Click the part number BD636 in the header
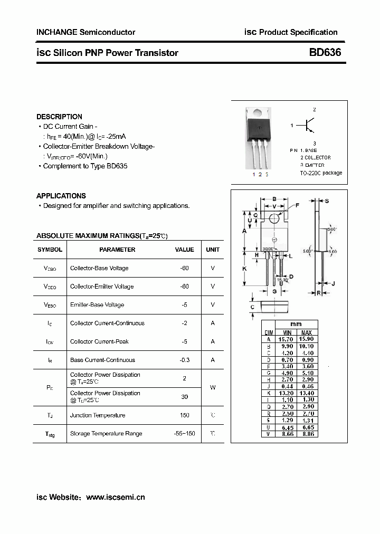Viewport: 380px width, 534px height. point(325,53)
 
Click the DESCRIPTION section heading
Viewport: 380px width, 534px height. point(59,117)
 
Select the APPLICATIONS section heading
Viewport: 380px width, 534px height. point(61,196)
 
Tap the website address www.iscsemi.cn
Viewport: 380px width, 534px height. point(115,497)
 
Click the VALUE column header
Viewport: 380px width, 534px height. point(185,250)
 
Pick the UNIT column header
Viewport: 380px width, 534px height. point(213,250)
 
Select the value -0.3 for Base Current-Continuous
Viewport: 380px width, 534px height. point(184,360)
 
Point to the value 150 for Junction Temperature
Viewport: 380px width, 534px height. point(184,415)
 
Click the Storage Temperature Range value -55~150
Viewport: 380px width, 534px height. point(184,434)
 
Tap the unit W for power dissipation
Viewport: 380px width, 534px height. point(213,387)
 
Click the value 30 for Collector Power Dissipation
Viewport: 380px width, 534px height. point(184,397)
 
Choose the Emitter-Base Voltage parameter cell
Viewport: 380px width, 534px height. point(97,305)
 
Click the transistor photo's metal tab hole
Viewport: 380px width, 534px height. point(259,112)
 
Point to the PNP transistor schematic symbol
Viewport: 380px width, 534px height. point(309,126)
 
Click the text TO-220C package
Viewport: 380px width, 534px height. point(321,173)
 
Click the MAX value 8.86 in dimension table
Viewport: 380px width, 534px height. point(308,434)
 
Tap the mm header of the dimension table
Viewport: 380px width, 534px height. point(296,324)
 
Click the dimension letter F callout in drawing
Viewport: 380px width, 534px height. point(297,205)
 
